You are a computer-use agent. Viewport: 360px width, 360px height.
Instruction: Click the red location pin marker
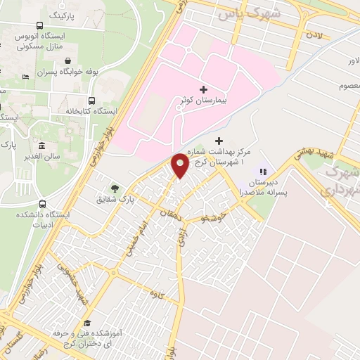(x=180, y=166)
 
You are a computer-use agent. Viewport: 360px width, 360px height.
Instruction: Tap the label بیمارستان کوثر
(x=203, y=102)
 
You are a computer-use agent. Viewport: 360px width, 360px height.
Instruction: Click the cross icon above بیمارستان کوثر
(x=204, y=89)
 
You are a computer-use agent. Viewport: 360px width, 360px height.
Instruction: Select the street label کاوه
(x=167, y=295)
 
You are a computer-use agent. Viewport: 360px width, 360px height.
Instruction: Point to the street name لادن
(x=314, y=34)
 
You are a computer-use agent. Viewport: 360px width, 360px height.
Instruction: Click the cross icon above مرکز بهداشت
(x=219, y=141)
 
